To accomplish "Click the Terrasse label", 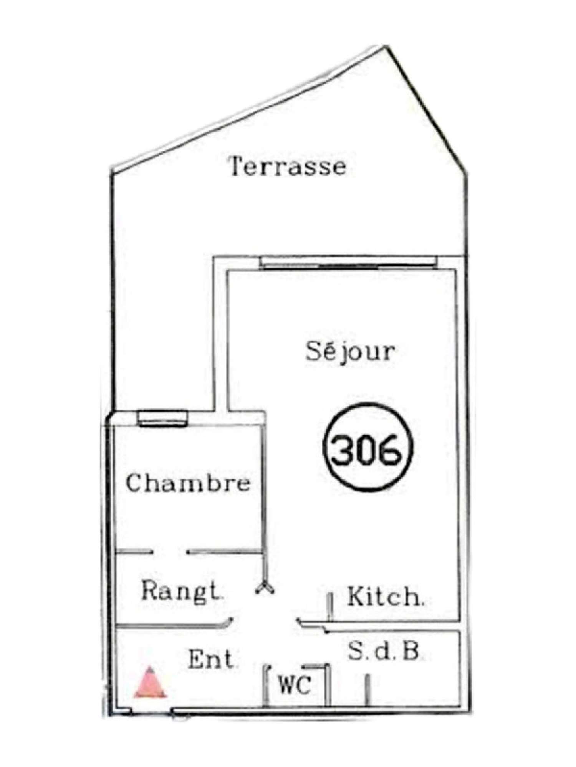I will click(287, 167).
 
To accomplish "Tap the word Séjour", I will click(350, 352).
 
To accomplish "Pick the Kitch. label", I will click(385, 607).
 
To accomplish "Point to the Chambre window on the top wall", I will click(163, 418).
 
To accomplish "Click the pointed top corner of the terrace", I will click(385, 47).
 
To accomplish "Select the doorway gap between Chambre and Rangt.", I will click(170, 553).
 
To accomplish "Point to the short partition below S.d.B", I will click(367, 699).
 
